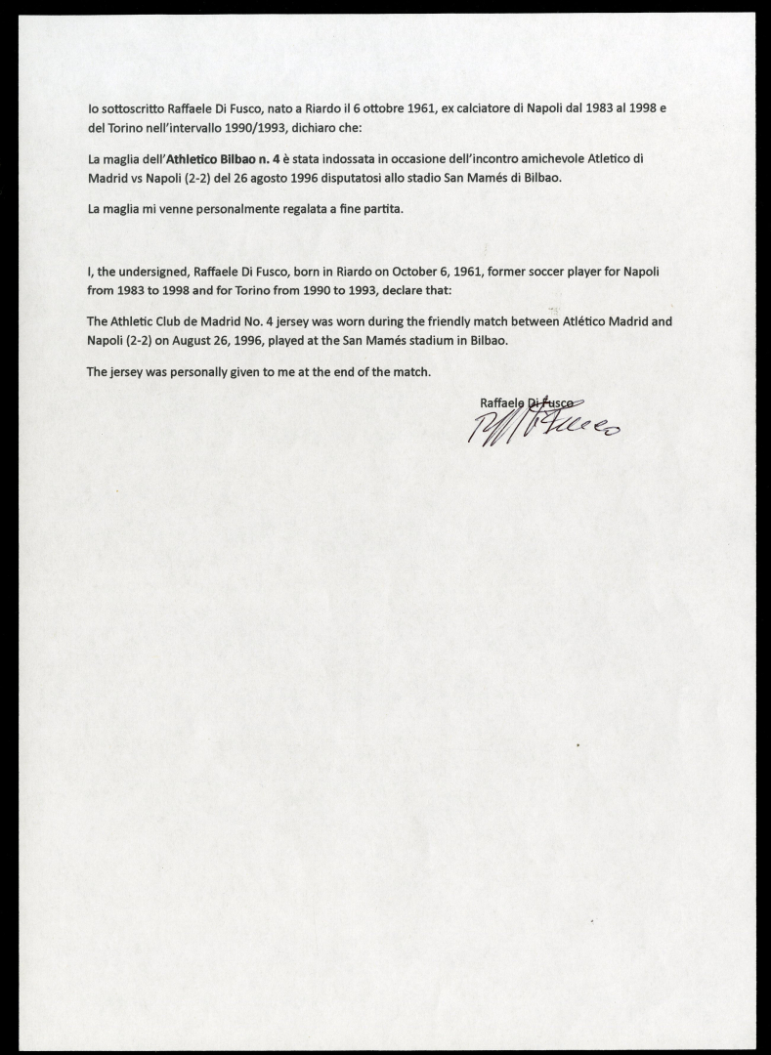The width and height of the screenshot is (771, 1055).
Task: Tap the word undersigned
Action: (153, 272)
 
